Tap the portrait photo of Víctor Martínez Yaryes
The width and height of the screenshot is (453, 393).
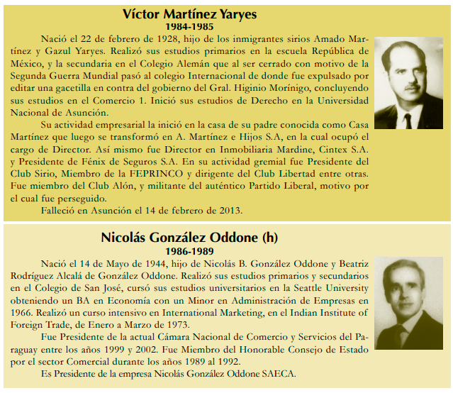[408, 82]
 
